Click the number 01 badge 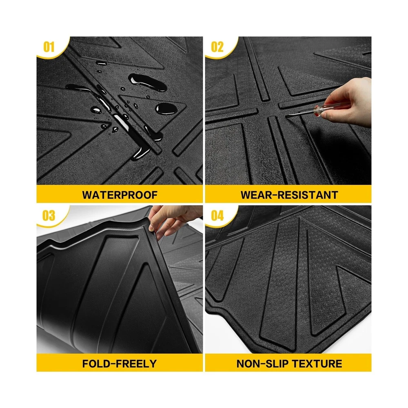pyautogui.click(x=49, y=47)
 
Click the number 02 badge pyautogui.click(x=217, y=47)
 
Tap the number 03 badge pyautogui.click(x=49, y=215)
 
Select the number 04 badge pyautogui.click(x=217, y=215)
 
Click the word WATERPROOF pyautogui.click(x=120, y=195)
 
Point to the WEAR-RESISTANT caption pyautogui.click(x=289, y=195)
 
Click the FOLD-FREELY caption pyautogui.click(x=120, y=364)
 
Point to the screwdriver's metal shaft pyautogui.click(x=299, y=113)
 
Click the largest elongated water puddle pyautogui.click(x=148, y=82)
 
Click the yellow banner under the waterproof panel pyautogui.click(x=120, y=194)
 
